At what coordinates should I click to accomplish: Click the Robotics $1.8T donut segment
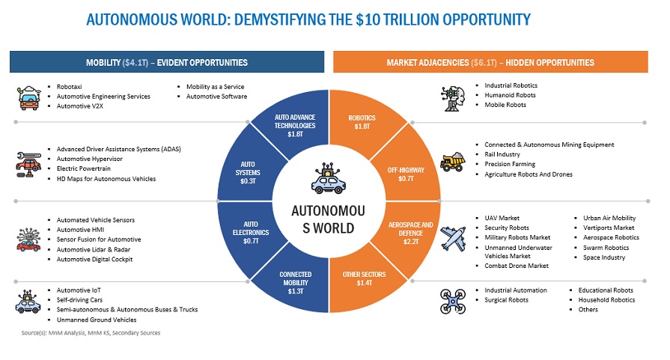coord(362,123)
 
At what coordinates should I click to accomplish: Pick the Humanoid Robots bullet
coord(510,95)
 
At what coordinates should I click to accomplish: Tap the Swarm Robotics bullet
coord(606,247)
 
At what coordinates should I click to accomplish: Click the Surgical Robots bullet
coord(506,300)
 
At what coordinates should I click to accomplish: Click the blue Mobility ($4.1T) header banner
coord(167,62)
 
